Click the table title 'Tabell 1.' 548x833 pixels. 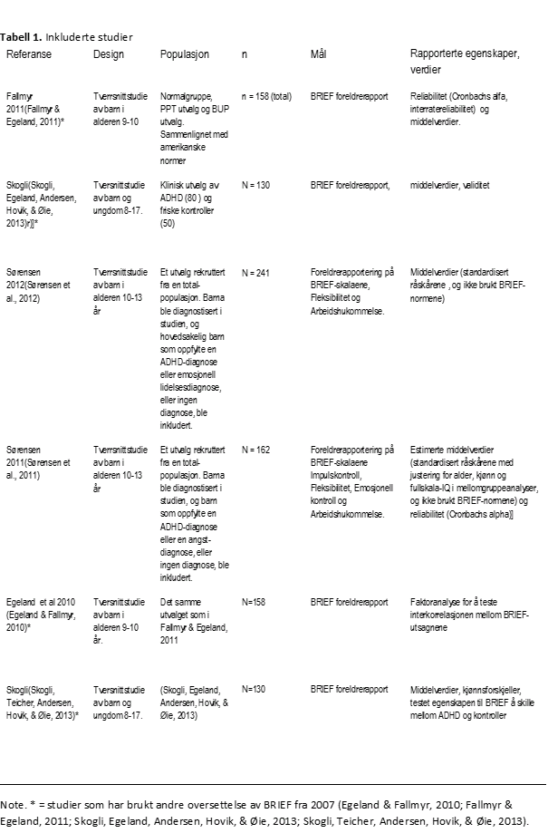[21, 37]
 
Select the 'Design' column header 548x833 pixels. [109, 54]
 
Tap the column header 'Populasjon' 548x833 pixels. [185, 54]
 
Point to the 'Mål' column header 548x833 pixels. [318, 54]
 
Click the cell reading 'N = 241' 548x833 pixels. [258, 272]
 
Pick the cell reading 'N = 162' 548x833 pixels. [258, 450]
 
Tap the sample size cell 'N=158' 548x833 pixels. [255, 602]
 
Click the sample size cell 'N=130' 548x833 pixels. [255, 690]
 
